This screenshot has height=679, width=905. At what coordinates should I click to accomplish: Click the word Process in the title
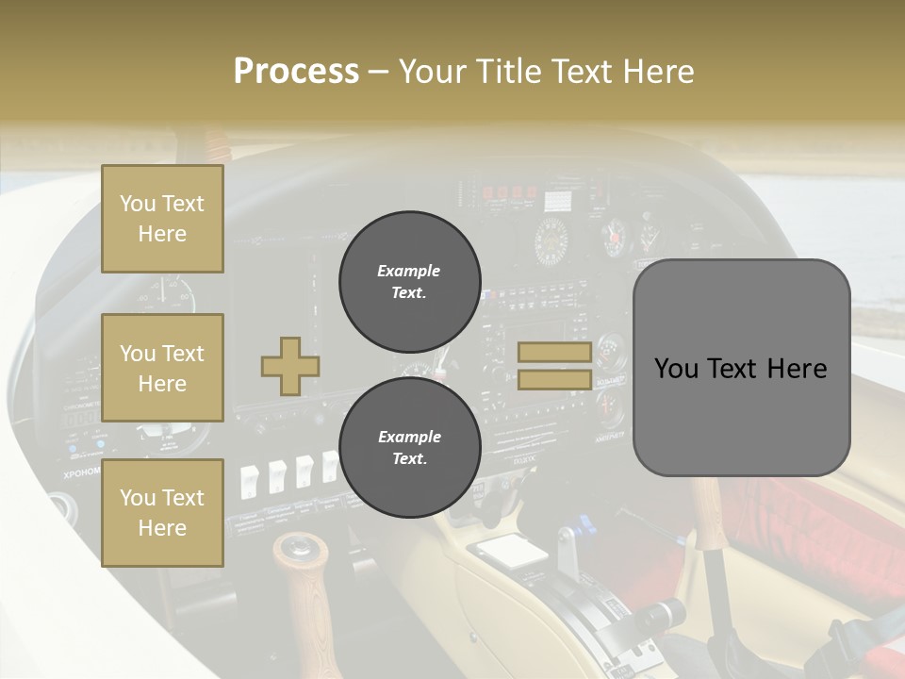[296, 72]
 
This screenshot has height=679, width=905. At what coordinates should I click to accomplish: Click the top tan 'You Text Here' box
[162, 219]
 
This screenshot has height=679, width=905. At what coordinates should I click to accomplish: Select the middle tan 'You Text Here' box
[162, 368]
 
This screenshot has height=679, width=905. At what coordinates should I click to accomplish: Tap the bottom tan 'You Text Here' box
[162, 512]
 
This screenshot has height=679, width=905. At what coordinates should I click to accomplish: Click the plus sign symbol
[290, 366]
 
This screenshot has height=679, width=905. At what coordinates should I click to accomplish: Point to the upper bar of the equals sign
[554, 353]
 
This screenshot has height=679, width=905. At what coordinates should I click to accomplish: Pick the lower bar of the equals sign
[554, 380]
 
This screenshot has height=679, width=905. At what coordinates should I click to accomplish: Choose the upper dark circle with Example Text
[409, 282]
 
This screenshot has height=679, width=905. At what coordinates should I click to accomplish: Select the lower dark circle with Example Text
[409, 448]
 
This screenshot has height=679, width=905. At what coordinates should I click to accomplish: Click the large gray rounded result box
[741, 368]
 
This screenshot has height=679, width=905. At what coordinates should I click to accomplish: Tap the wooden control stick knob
[301, 551]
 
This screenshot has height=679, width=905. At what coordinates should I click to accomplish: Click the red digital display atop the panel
[509, 193]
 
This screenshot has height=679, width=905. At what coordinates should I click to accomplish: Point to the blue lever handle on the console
[584, 522]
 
